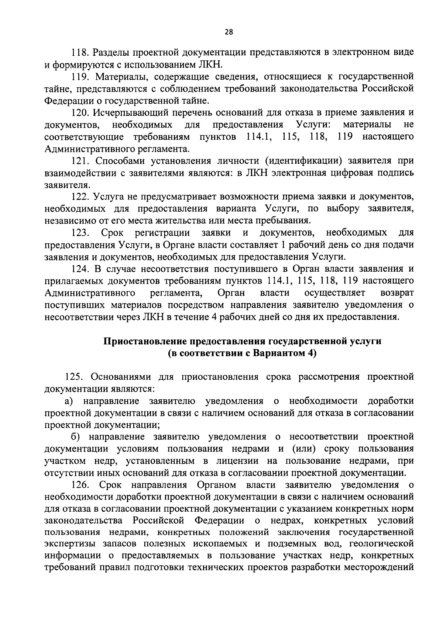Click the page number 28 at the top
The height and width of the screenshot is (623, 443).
[x=229, y=32]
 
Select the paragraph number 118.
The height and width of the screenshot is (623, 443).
[x=79, y=53]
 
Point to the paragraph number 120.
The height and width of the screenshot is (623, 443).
[x=79, y=113]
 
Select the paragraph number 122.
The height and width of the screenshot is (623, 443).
[x=79, y=197]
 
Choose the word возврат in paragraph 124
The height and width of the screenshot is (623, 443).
[x=396, y=293]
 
